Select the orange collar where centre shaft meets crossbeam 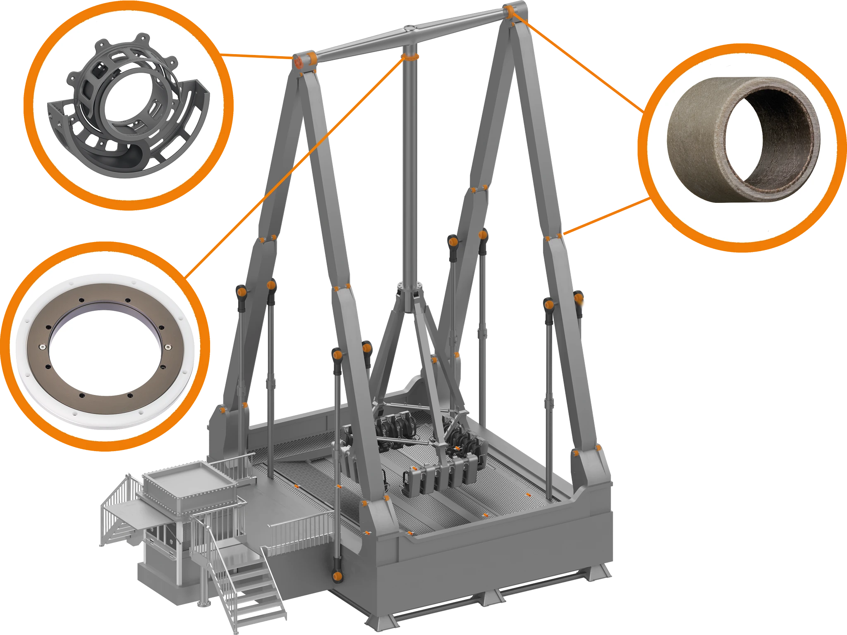pos(410,56)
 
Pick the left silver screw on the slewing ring pos(42,346)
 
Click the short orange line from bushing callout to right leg pos(604,217)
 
